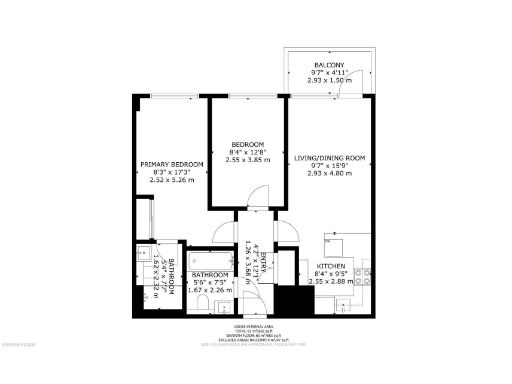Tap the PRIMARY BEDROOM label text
pos(171,164)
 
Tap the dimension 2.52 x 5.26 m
pos(171,181)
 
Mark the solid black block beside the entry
pos(291,300)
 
